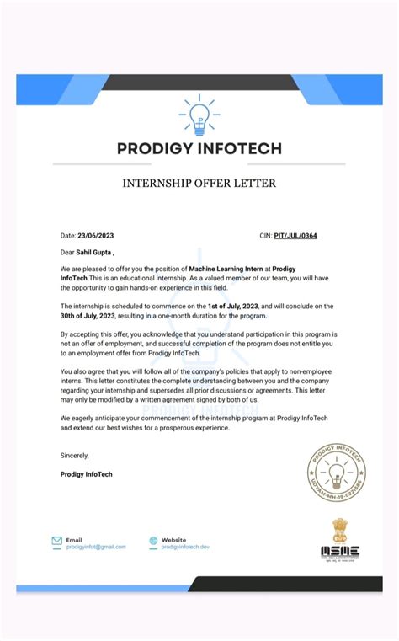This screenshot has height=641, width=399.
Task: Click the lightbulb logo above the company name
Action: click(x=199, y=116)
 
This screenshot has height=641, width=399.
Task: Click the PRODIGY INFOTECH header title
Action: click(x=199, y=149)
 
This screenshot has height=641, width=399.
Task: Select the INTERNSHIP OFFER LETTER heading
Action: click(x=199, y=183)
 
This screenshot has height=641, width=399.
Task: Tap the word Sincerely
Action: click(x=74, y=455)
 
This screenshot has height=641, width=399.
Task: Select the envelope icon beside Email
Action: click(x=56, y=542)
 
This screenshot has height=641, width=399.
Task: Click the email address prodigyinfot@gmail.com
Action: click(x=96, y=547)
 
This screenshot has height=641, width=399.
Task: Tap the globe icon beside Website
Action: click(x=153, y=542)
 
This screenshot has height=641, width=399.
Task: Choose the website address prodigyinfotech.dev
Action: click(x=185, y=547)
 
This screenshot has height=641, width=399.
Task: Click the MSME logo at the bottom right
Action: click(x=340, y=553)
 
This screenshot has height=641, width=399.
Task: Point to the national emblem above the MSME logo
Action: click(x=340, y=530)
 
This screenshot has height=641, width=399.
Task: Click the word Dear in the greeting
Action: click(x=68, y=251)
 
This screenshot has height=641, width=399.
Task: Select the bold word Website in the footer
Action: click(x=173, y=539)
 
